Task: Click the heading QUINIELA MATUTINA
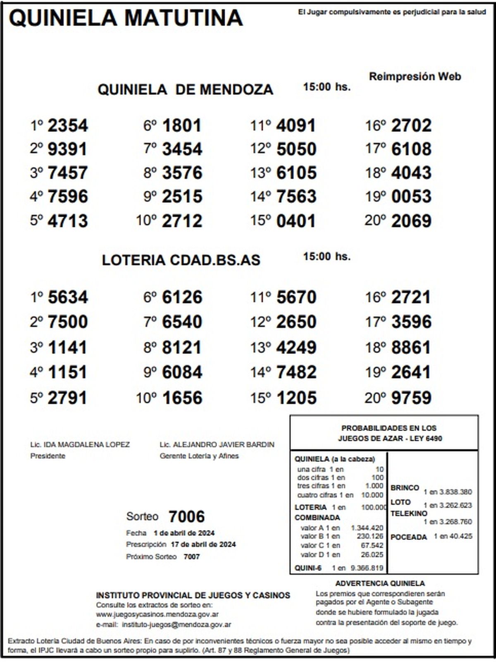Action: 126,18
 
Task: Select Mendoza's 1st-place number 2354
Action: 68,126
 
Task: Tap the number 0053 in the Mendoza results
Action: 411,197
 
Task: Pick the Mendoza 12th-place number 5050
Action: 296,149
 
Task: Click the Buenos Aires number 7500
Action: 68,322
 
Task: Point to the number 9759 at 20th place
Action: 411,398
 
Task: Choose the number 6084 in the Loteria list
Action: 182,372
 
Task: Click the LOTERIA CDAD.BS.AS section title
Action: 181,260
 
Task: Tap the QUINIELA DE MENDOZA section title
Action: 185,89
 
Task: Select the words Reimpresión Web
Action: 415,77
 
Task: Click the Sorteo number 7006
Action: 186,517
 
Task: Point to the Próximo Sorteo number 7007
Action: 191,557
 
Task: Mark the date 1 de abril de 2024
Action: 184,533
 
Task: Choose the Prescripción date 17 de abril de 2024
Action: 203,544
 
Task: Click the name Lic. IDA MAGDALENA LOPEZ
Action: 80,445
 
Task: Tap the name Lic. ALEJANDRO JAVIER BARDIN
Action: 217,445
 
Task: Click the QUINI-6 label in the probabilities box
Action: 308,568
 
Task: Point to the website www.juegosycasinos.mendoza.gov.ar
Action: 157,614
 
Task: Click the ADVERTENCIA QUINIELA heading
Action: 380,583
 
